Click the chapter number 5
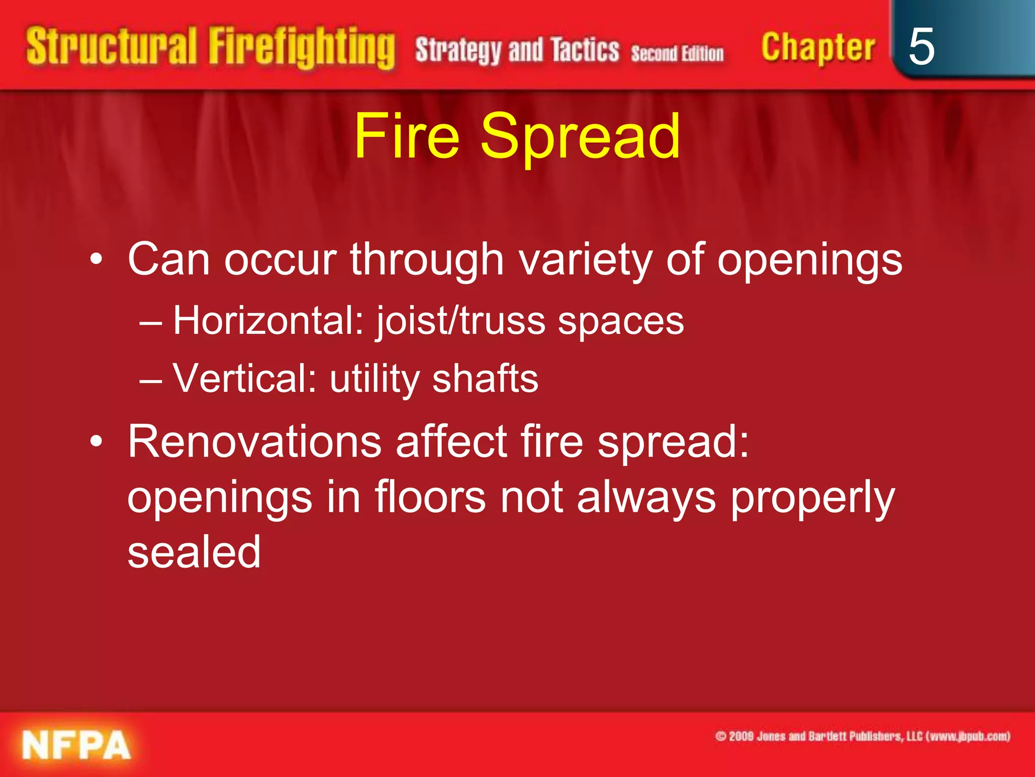[921, 47]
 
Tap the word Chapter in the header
[818, 48]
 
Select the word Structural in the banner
[111, 47]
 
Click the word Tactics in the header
[585, 51]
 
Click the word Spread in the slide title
[580, 136]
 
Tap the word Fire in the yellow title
[407, 136]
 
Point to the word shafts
[485, 378]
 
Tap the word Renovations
[254, 442]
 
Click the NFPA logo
[76, 745]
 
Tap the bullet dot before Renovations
[96, 442]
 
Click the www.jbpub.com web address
[968, 737]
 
